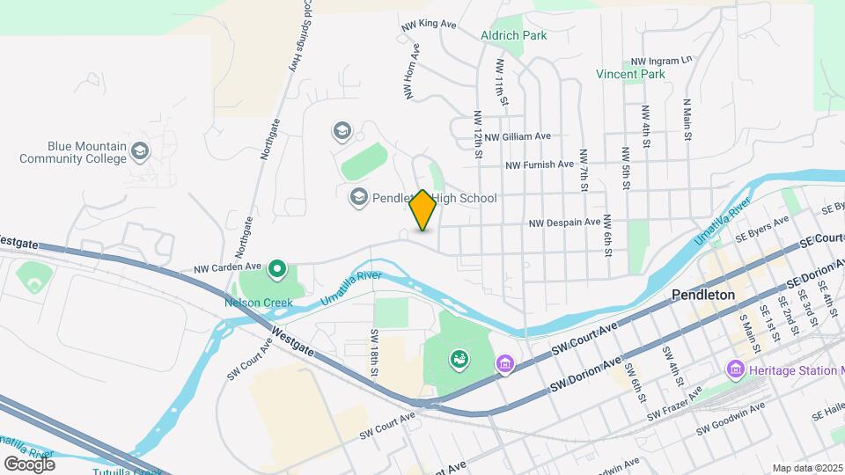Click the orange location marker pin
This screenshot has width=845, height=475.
tap(422, 210)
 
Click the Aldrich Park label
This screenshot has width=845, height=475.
tap(514, 35)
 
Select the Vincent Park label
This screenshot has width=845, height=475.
tap(630, 75)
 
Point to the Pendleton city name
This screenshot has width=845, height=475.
tap(702, 295)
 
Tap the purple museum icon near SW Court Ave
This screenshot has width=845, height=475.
tap(505, 363)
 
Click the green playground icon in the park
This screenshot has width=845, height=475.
tap(458, 358)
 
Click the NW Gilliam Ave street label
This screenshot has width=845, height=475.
tap(518, 136)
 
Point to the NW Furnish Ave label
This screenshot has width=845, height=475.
tap(540, 164)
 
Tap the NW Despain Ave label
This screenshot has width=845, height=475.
tap(564, 223)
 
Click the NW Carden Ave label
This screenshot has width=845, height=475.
tap(228, 266)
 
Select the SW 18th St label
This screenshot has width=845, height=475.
tap(374, 353)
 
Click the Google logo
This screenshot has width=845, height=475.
tap(29, 464)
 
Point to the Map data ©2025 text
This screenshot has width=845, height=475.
tap(807, 468)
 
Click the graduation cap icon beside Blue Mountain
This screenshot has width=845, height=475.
tap(139, 152)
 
